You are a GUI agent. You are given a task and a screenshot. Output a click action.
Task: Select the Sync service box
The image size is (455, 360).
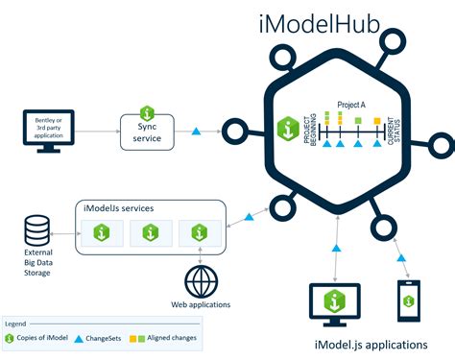tap(147, 132)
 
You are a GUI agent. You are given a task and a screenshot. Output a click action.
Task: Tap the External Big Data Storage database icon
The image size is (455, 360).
tap(37, 229)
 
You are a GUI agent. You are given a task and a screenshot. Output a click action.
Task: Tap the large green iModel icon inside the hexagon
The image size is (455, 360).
tap(286, 127)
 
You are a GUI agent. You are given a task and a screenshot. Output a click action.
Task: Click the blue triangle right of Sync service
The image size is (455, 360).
tap(197, 131)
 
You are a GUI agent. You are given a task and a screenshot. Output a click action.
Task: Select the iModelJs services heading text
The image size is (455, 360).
tap(120, 208)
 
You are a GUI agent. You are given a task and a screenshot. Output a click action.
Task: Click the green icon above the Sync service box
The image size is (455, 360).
tap(147, 112)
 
